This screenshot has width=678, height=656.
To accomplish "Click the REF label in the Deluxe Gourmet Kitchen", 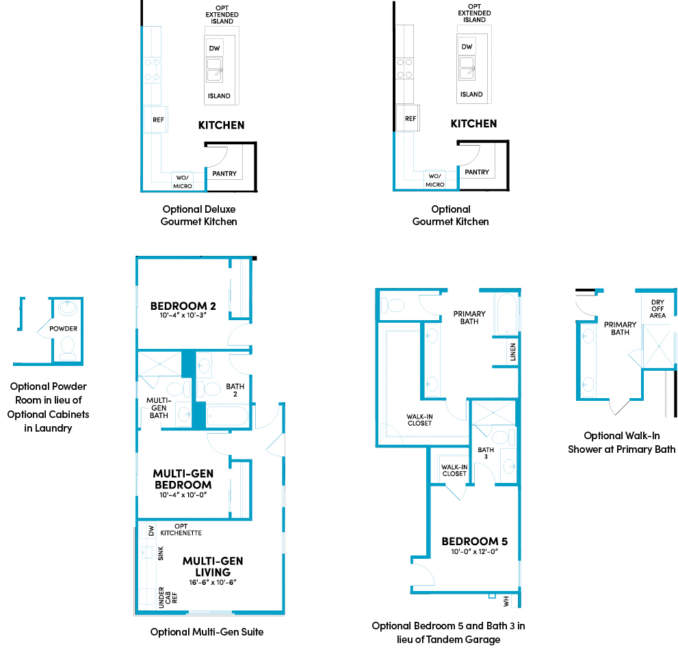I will coord(158,120).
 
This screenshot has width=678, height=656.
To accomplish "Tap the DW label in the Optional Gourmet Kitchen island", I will coord(467,47).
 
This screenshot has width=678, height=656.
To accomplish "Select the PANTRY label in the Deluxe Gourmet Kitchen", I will coord(224,174).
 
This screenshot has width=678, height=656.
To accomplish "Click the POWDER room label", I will coord(63,328).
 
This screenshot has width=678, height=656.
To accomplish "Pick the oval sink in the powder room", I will coord(67,309).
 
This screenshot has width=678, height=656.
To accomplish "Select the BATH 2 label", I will coord(235,391).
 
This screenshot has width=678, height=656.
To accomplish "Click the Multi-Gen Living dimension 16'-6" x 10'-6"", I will coord(212,582).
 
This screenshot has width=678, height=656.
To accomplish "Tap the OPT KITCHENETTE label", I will coord(181,529).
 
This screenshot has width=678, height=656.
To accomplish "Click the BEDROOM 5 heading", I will coord(474,541).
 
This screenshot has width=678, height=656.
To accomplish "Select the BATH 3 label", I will coord(485,453).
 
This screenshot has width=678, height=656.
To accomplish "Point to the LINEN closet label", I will coord(513,354).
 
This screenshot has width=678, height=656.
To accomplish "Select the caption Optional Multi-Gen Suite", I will coord(207,632).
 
